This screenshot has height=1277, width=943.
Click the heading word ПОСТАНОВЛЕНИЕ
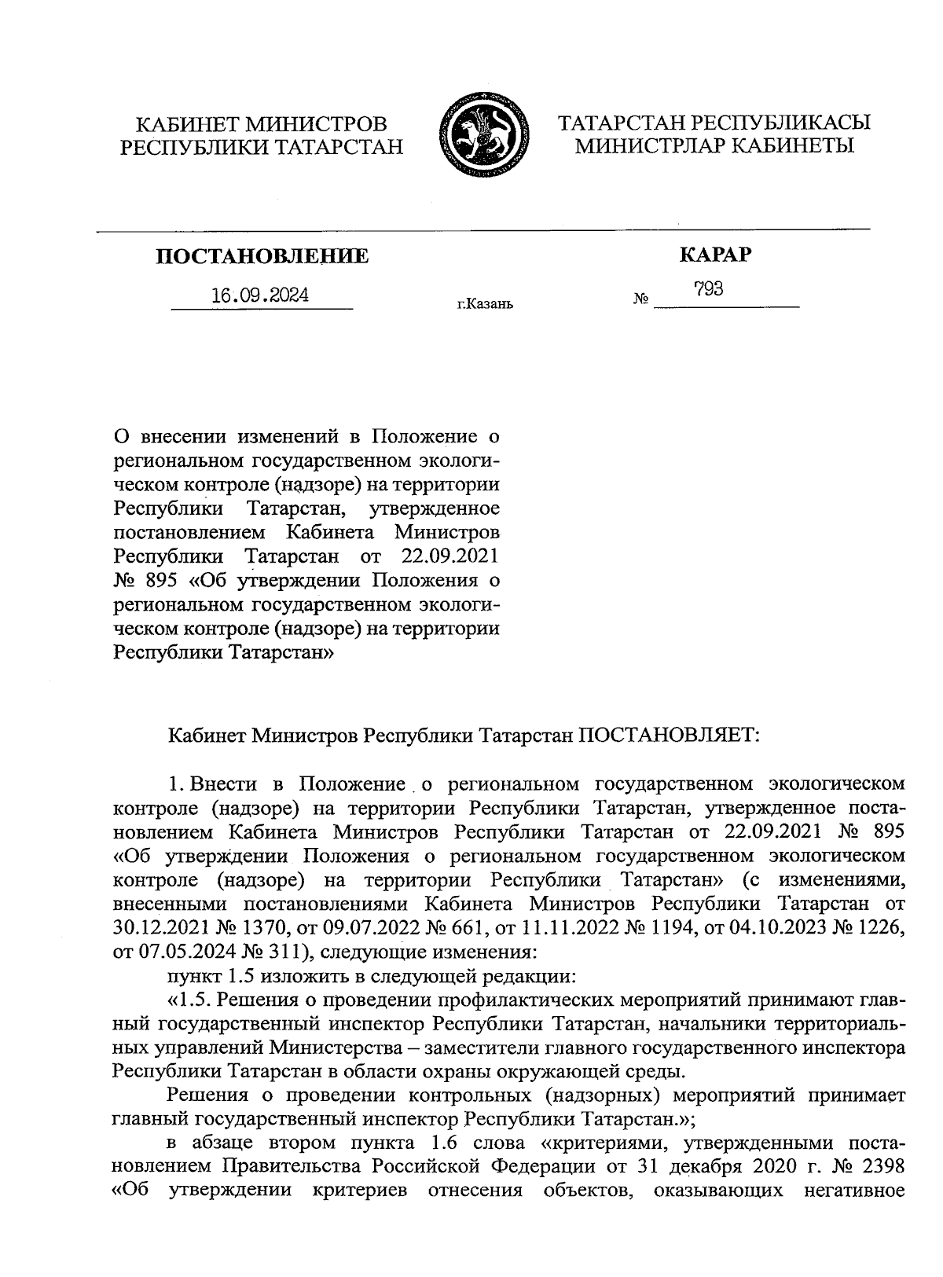[262, 256]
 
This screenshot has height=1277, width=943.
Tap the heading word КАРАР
[714, 255]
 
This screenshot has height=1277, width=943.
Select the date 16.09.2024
[260, 295]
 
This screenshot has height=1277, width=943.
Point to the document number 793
[709, 289]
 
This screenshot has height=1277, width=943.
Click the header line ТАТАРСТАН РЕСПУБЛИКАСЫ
[714, 123]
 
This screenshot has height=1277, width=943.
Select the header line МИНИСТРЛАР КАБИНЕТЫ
[714, 146]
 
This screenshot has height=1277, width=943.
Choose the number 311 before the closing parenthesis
[270, 953]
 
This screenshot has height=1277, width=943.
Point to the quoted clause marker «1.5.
[188, 1000]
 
